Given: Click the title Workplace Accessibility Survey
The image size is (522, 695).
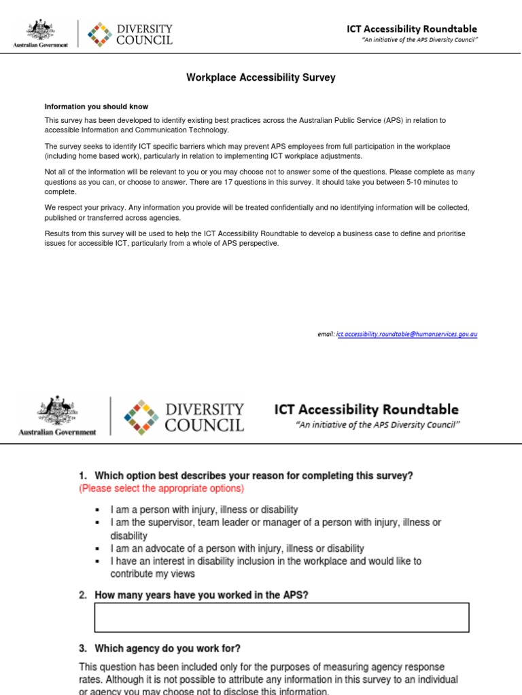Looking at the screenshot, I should (261, 78).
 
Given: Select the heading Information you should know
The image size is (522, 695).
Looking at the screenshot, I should (96, 107).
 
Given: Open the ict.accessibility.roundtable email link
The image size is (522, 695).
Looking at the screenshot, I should (406, 335).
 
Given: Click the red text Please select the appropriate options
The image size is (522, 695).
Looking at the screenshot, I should (161, 489).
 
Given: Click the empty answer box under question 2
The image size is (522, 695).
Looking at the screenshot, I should (281, 618).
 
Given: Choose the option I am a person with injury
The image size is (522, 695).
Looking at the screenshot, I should (204, 510).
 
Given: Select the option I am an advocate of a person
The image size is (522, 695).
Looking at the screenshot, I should (237, 548).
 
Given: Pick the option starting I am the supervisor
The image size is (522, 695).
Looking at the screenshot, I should (275, 523).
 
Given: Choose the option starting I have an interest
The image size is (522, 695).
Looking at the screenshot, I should (266, 561).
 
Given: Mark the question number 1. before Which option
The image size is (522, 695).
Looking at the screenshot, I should (84, 476).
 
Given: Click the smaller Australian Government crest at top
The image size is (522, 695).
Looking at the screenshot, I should (41, 31).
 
